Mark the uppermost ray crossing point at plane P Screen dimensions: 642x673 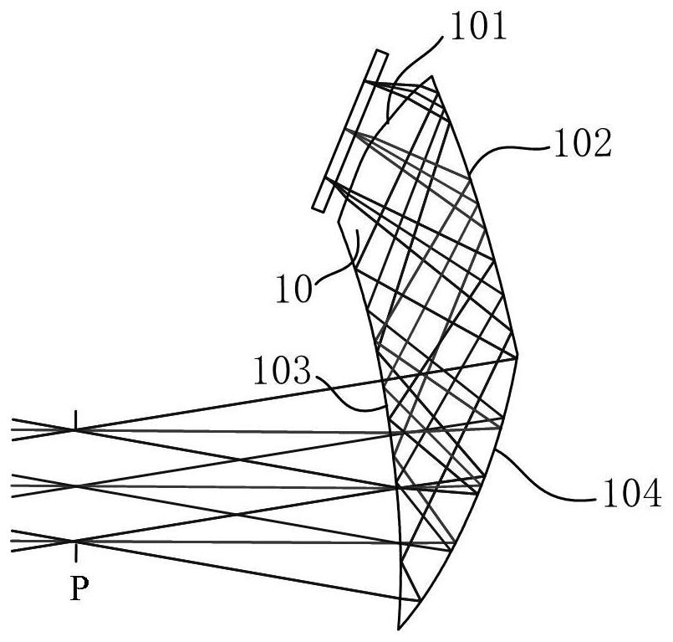coord(75,429)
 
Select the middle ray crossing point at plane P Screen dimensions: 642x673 coord(75,485)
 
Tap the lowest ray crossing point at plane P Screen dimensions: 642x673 coord(75,542)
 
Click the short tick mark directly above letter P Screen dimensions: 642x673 coord(76,551)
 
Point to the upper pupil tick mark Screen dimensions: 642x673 coord(76,419)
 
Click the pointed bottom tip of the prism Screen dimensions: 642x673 coord(400,628)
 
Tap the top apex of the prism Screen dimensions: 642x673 coord(433,76)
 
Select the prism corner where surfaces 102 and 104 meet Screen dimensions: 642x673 coord(518,356)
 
